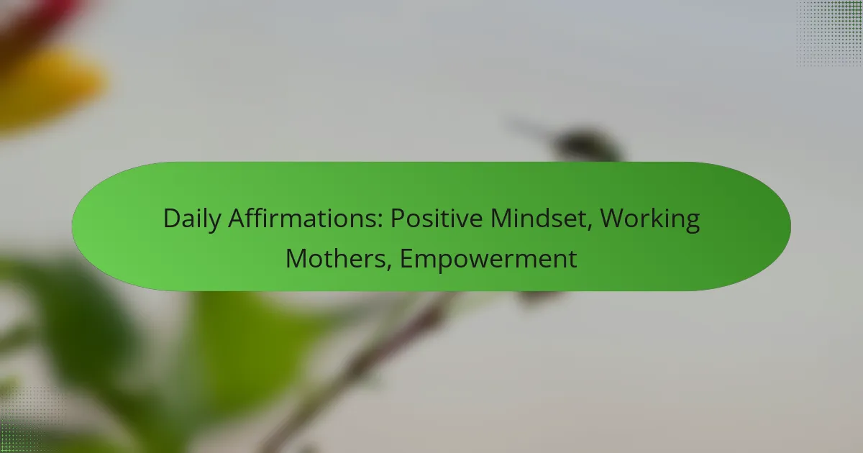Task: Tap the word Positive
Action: tap(437, 219)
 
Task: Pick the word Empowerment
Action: tap(488, 258)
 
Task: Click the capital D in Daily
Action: tap(170, 219)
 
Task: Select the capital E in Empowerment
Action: tap(406, 258)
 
